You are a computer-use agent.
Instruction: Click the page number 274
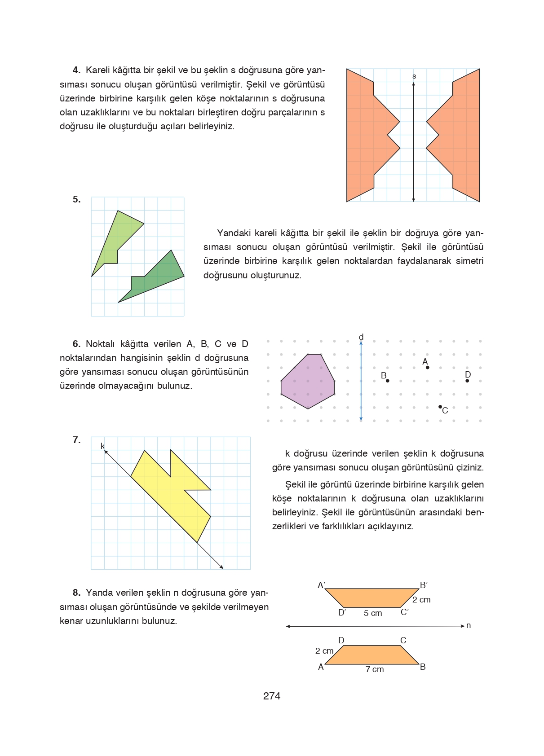coord(272,696)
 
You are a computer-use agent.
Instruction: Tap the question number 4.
coord(76,70)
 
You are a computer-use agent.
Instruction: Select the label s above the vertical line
coord(414,76)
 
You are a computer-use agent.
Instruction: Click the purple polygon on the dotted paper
coord(308,382)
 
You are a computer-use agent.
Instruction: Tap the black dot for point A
coord(427,368)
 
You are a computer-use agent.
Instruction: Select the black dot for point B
coord(388,381)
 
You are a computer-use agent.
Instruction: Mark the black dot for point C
coord(440,407)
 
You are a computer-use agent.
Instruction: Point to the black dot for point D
coord(467,381)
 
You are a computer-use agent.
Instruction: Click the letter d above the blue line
coord(361,337)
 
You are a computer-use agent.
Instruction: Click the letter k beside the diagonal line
coord(102,446)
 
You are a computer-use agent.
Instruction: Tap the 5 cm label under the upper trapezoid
coord(372,613)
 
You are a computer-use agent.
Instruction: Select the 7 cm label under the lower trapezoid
coord(374,669)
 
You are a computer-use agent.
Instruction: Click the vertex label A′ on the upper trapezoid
coord(321,585)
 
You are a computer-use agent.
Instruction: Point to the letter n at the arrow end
coord(468,625)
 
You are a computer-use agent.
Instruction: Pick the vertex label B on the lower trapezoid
coord(423,667)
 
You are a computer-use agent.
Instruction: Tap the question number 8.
coord(76,593)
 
